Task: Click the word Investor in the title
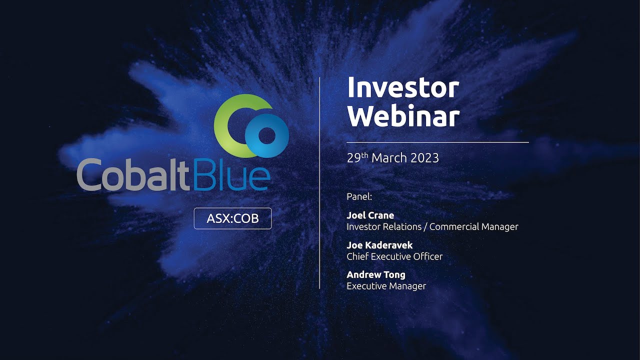pyautogui.click(x=403, y=88)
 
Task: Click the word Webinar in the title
pyautogui.click(x=403, y=116)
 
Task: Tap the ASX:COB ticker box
pyautogui.click(x=232, y=218)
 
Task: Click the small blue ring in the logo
pyautogui.click(x=267, y=135)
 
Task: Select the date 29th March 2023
pyautogui.click(x=392, y=158)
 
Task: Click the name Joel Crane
pyautogui.click(x=370, y=215)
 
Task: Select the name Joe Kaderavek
pyautogui.click(x=379, y=245)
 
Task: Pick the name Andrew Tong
pyautogui.click(x=375, y=274)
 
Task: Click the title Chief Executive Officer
pyautogui.click(x=394, y=256)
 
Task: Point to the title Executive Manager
pyautogui.click(x=386, y=286)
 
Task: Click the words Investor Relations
pyautogui.click(x=384, y=227)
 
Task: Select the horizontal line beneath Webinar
pyautogui.click(x=437, y=142)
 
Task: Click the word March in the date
pyautogui.click(x=389, y=158)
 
